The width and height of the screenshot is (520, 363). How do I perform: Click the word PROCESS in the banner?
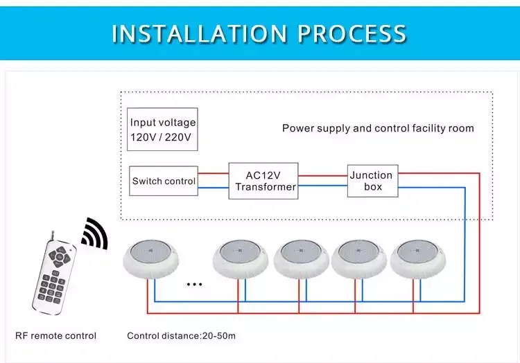[x=352, y=33]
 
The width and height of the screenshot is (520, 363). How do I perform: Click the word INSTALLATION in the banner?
[x=199, y=33]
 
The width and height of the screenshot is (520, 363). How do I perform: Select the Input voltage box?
[x=162, y=129]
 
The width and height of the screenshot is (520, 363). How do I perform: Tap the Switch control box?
[x=164, y=181]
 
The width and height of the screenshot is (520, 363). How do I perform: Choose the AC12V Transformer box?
[x=263, y=181]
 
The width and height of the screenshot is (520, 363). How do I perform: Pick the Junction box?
[x=373, y=181]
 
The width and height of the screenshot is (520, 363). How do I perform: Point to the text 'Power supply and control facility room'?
[x=378, y=128]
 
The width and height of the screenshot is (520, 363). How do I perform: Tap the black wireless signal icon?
[x=96, y=233]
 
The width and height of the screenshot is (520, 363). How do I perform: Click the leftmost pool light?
[x=151, y=259]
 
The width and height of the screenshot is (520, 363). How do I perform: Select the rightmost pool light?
[x=417, y=259]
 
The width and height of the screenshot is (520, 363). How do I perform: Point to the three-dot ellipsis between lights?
[x=194, y=284]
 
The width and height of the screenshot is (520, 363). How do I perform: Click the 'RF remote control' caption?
[x=55, y=336]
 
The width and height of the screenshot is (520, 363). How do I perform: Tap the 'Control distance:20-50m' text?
[x=181, y=336]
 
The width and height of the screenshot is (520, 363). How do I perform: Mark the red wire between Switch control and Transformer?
[x=214, y=173]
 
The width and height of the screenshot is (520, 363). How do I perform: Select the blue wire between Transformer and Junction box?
[x=322, y=186]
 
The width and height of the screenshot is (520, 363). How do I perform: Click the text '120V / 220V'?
[x=161, y=137]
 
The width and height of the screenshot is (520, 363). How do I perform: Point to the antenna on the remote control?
[x=52, y=236]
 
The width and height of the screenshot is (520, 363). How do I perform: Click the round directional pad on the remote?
[x=60, y=256]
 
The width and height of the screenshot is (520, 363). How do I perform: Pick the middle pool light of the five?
[x=301, y=259]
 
